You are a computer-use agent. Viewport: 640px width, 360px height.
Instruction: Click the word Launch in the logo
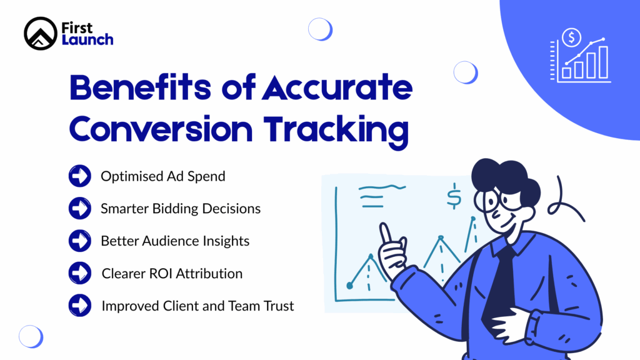coord(87,40)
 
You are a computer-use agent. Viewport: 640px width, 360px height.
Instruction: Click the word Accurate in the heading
coord(337,89)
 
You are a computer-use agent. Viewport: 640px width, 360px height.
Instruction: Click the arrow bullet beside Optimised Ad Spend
coord(79,176)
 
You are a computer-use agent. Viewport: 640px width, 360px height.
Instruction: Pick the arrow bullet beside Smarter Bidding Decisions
coord(79,208)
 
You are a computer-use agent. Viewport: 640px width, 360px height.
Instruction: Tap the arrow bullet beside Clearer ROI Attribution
coord(79,273)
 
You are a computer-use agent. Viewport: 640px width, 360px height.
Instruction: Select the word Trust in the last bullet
coord(277,306)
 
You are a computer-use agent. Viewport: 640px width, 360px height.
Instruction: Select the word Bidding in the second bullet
coord(177,209)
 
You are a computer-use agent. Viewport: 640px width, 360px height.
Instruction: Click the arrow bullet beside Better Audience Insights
coord(79,241)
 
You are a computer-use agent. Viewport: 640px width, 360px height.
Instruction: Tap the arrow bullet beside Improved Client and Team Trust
coord(79,306)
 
